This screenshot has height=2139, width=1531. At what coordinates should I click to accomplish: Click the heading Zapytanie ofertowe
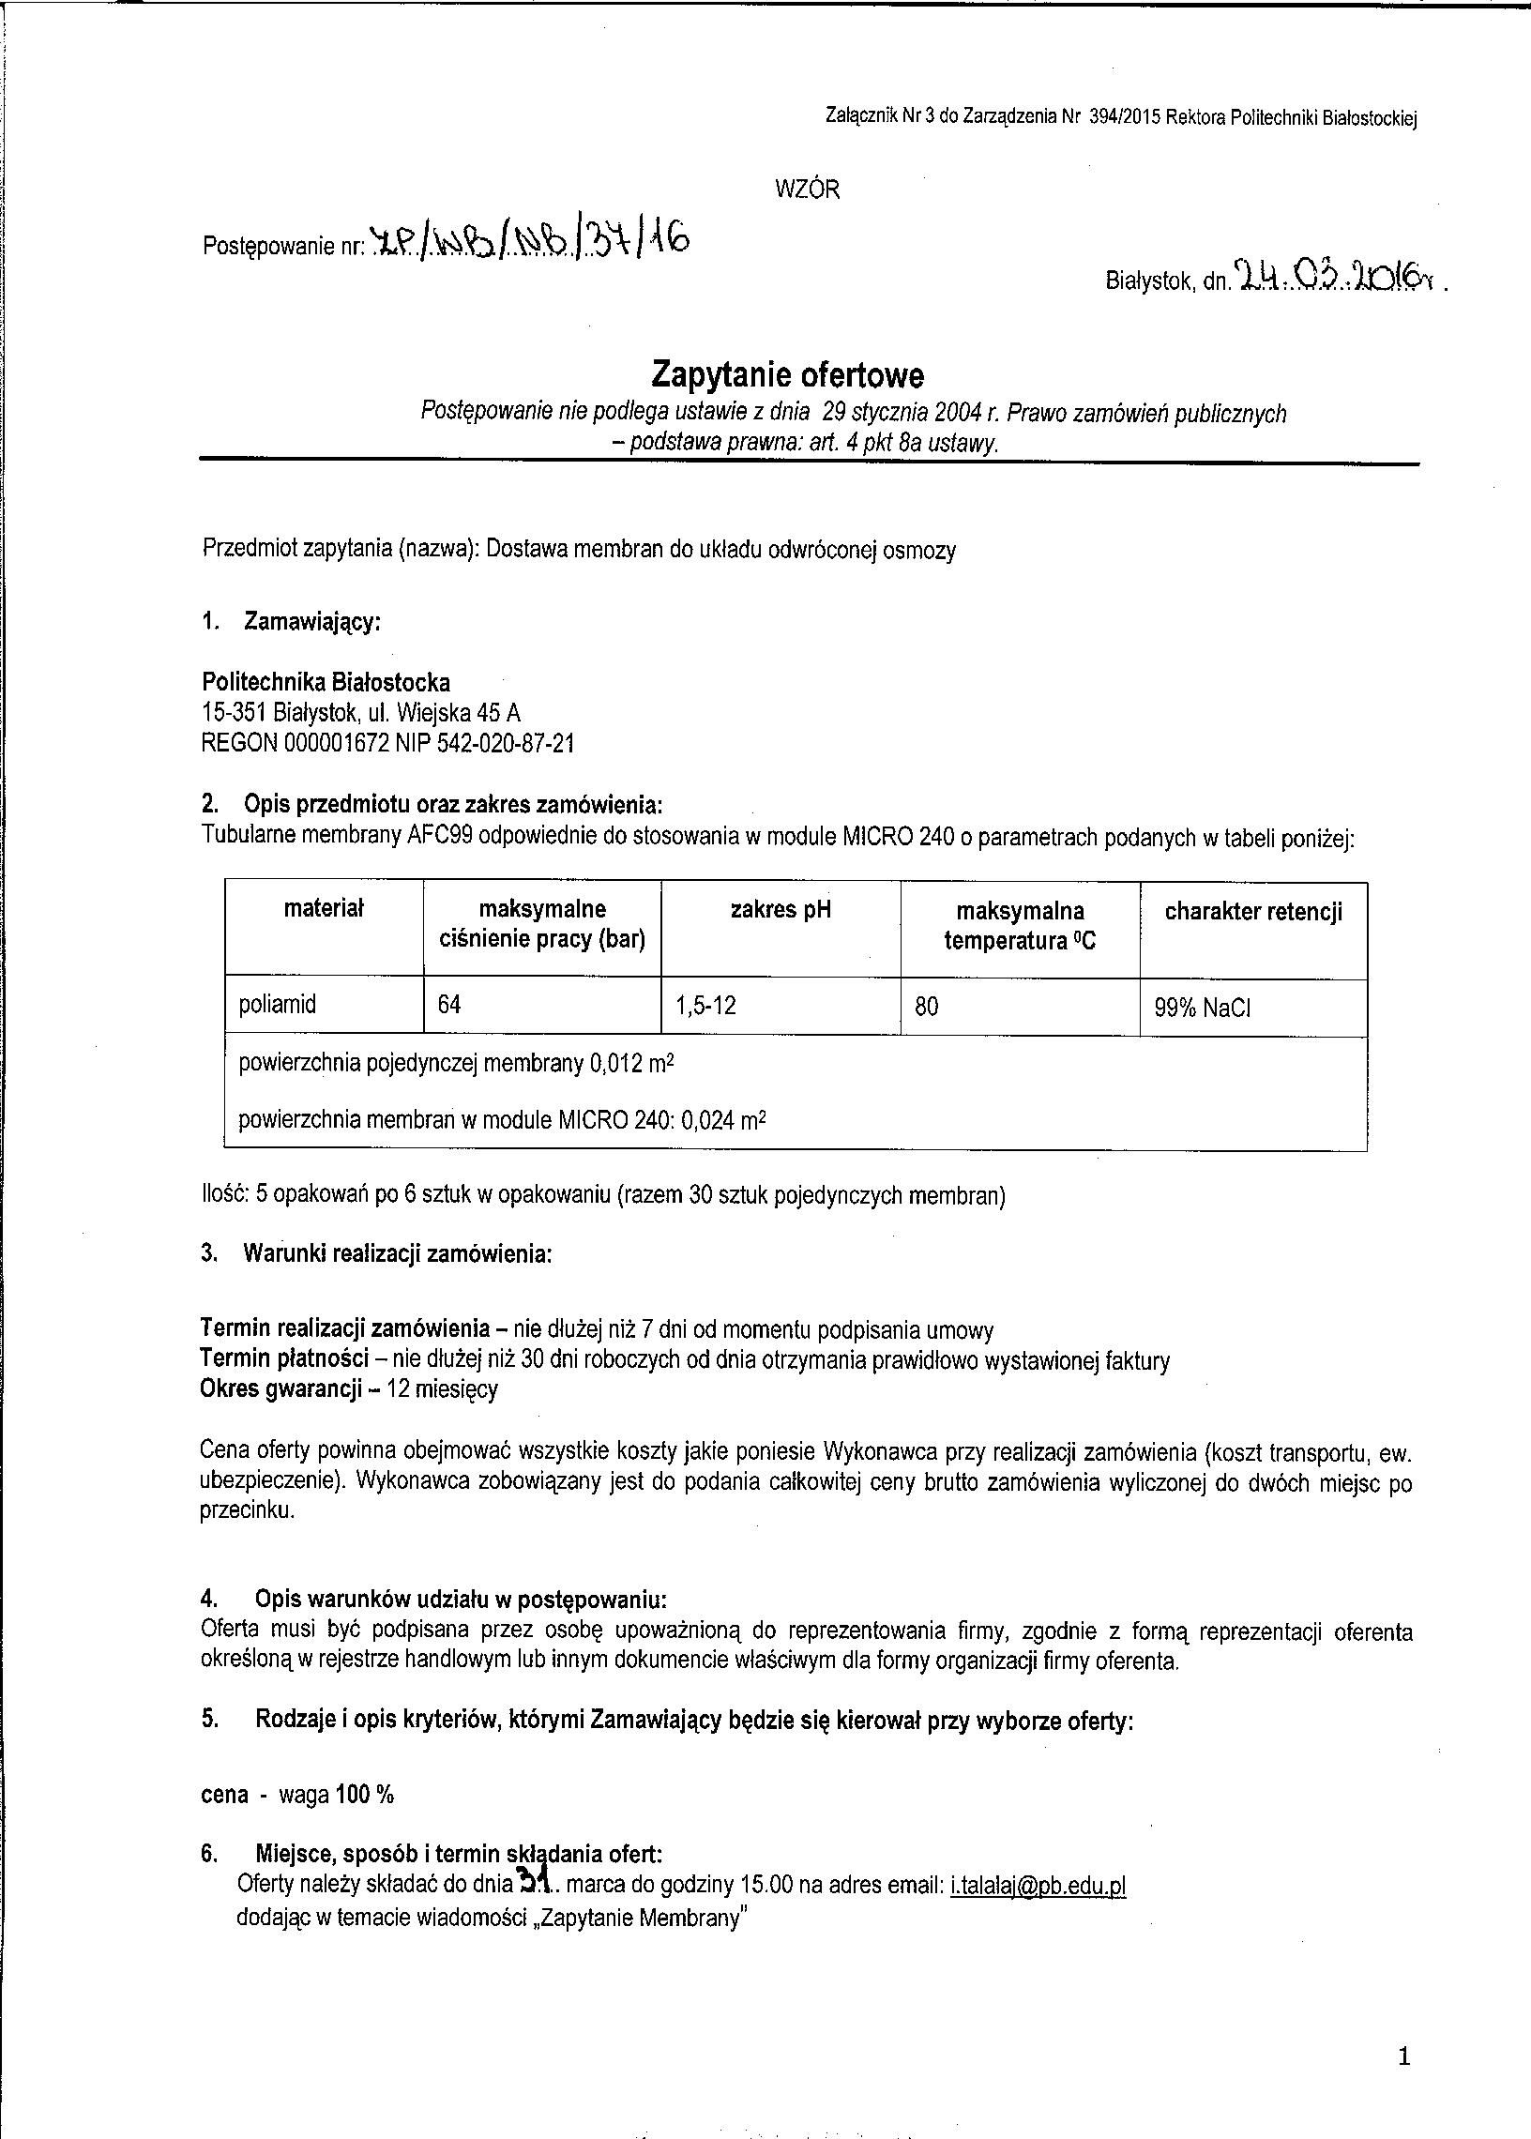tap(787, 376)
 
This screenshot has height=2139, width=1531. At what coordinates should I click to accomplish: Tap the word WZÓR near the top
tap(806, 190)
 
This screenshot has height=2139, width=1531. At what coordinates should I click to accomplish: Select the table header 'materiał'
tap(324, 909)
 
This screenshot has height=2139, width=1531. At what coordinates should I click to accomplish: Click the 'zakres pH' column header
tap(781, 910)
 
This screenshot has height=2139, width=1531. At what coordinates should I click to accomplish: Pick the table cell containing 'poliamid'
tap(277, 1004)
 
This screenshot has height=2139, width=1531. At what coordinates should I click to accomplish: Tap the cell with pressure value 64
tap(448, 1005)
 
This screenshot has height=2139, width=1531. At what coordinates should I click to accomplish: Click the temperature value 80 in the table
tap(926, 1007)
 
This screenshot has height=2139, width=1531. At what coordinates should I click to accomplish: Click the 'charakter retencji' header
tap(1253, 911)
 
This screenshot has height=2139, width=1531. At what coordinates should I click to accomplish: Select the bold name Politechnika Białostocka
tap(326, 682)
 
